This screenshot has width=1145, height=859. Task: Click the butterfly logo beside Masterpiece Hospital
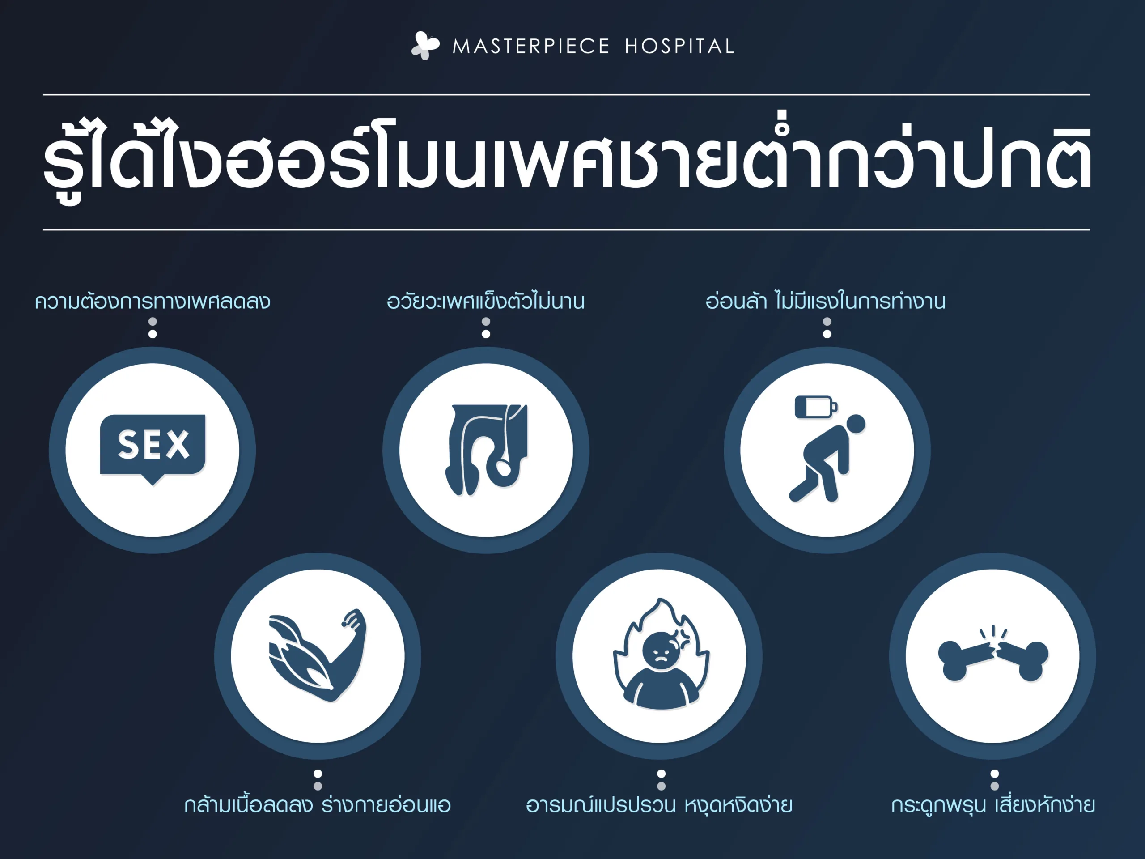(425, 46)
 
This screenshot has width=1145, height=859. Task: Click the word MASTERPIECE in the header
(531, 47)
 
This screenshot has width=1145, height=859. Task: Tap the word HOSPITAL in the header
(679, 47)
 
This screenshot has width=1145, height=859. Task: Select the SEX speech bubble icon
(153, 449)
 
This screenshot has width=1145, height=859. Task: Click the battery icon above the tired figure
(816, 406)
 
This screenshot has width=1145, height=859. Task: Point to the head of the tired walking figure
(855, 424)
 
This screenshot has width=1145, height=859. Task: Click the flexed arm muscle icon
(317, 655)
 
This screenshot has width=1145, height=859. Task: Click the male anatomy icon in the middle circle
(486, 450)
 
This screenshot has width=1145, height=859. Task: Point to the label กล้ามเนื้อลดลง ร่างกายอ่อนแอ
(317, 804)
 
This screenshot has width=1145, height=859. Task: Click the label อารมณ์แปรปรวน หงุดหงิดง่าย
(659, 804)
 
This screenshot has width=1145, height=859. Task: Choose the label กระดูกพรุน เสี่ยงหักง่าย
(993, 804)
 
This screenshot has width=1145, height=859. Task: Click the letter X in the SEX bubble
(178, 444)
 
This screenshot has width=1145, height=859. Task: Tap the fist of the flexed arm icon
(355, 619)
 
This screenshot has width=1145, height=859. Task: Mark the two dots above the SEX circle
(153, 328)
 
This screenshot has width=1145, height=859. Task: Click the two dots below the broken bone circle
(994, 780)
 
